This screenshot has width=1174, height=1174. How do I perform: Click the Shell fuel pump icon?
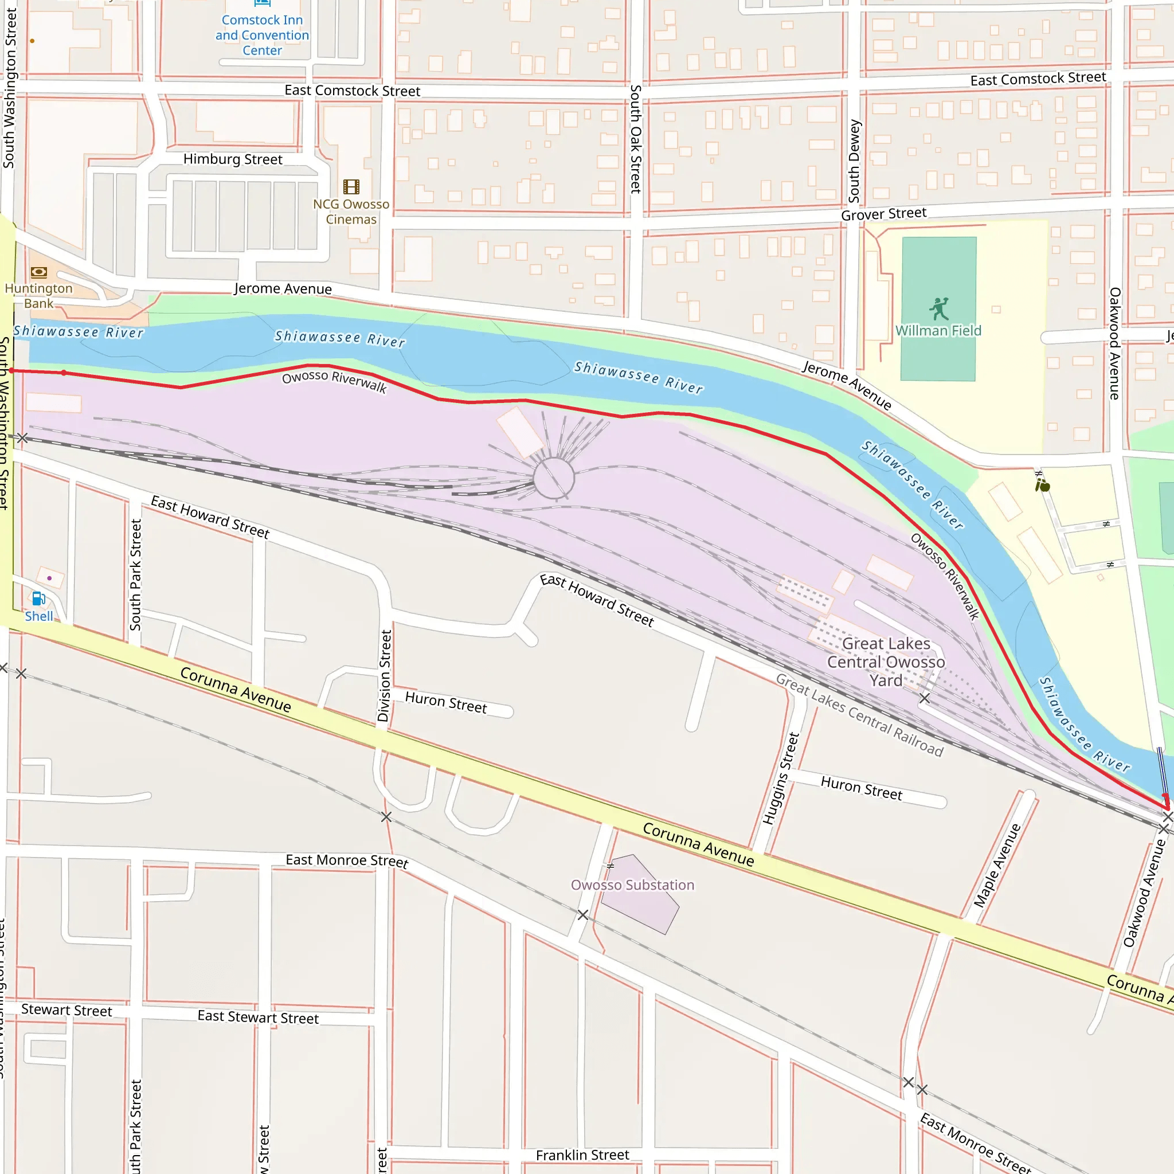(38, 598)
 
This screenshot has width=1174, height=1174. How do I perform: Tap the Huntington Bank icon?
(38, 272)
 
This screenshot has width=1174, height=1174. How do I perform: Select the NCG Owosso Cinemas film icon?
(351, 186)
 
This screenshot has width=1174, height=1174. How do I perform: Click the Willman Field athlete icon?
(939, 310)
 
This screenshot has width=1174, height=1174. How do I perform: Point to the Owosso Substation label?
(632, 885)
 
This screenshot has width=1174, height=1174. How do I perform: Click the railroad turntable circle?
(554, 479)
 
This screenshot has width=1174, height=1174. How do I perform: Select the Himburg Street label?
(233, 159)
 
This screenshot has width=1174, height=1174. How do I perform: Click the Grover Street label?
(883, 214)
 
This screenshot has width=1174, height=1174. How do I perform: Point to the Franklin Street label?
(582, 1155)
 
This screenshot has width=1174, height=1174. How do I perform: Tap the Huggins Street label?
(781, 778)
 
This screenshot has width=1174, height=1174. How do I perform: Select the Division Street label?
(384, 676)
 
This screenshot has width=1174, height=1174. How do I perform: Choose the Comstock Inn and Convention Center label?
(262, 35)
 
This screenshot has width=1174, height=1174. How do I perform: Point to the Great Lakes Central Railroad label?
(859, 715)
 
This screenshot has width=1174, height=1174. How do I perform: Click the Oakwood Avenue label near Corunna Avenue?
(1145, 893)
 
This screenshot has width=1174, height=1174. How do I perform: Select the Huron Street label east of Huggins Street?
(861, 788)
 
